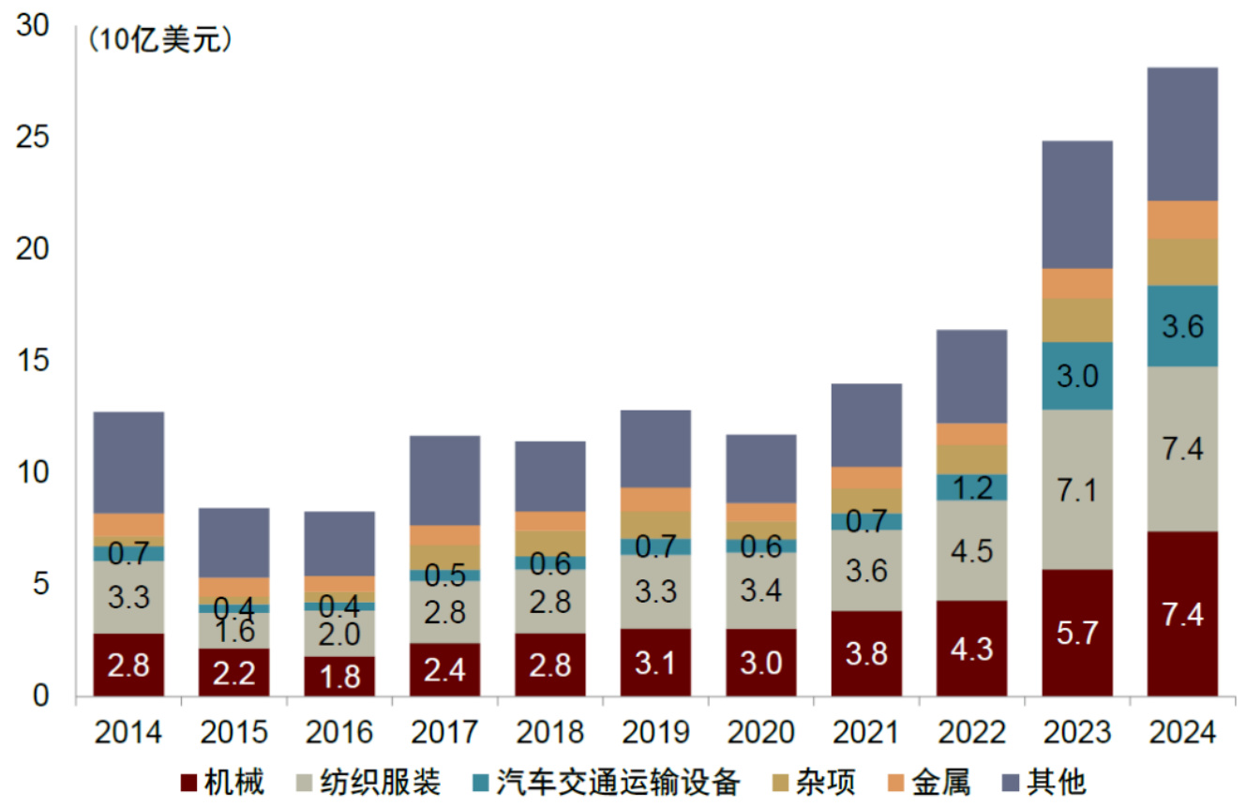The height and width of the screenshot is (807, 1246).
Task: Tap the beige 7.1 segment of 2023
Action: (1077, 489)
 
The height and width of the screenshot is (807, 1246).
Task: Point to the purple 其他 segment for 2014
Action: (128, 462)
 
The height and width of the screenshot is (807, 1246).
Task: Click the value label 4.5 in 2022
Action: (971, 550)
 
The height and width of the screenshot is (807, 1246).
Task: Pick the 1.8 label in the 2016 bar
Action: (339, 676)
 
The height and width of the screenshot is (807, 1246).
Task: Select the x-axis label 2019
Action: (655, 731)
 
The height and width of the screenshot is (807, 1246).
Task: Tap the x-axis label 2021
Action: (866, 731)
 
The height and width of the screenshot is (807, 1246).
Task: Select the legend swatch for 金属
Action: (895, 782)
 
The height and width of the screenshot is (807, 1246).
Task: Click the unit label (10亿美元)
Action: (159, 41)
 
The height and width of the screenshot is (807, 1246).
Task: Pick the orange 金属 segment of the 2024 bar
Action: (1181, 219)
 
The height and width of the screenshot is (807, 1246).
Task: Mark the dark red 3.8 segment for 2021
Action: (866, 653)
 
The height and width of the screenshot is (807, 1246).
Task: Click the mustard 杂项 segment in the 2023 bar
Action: (1077, 321)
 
